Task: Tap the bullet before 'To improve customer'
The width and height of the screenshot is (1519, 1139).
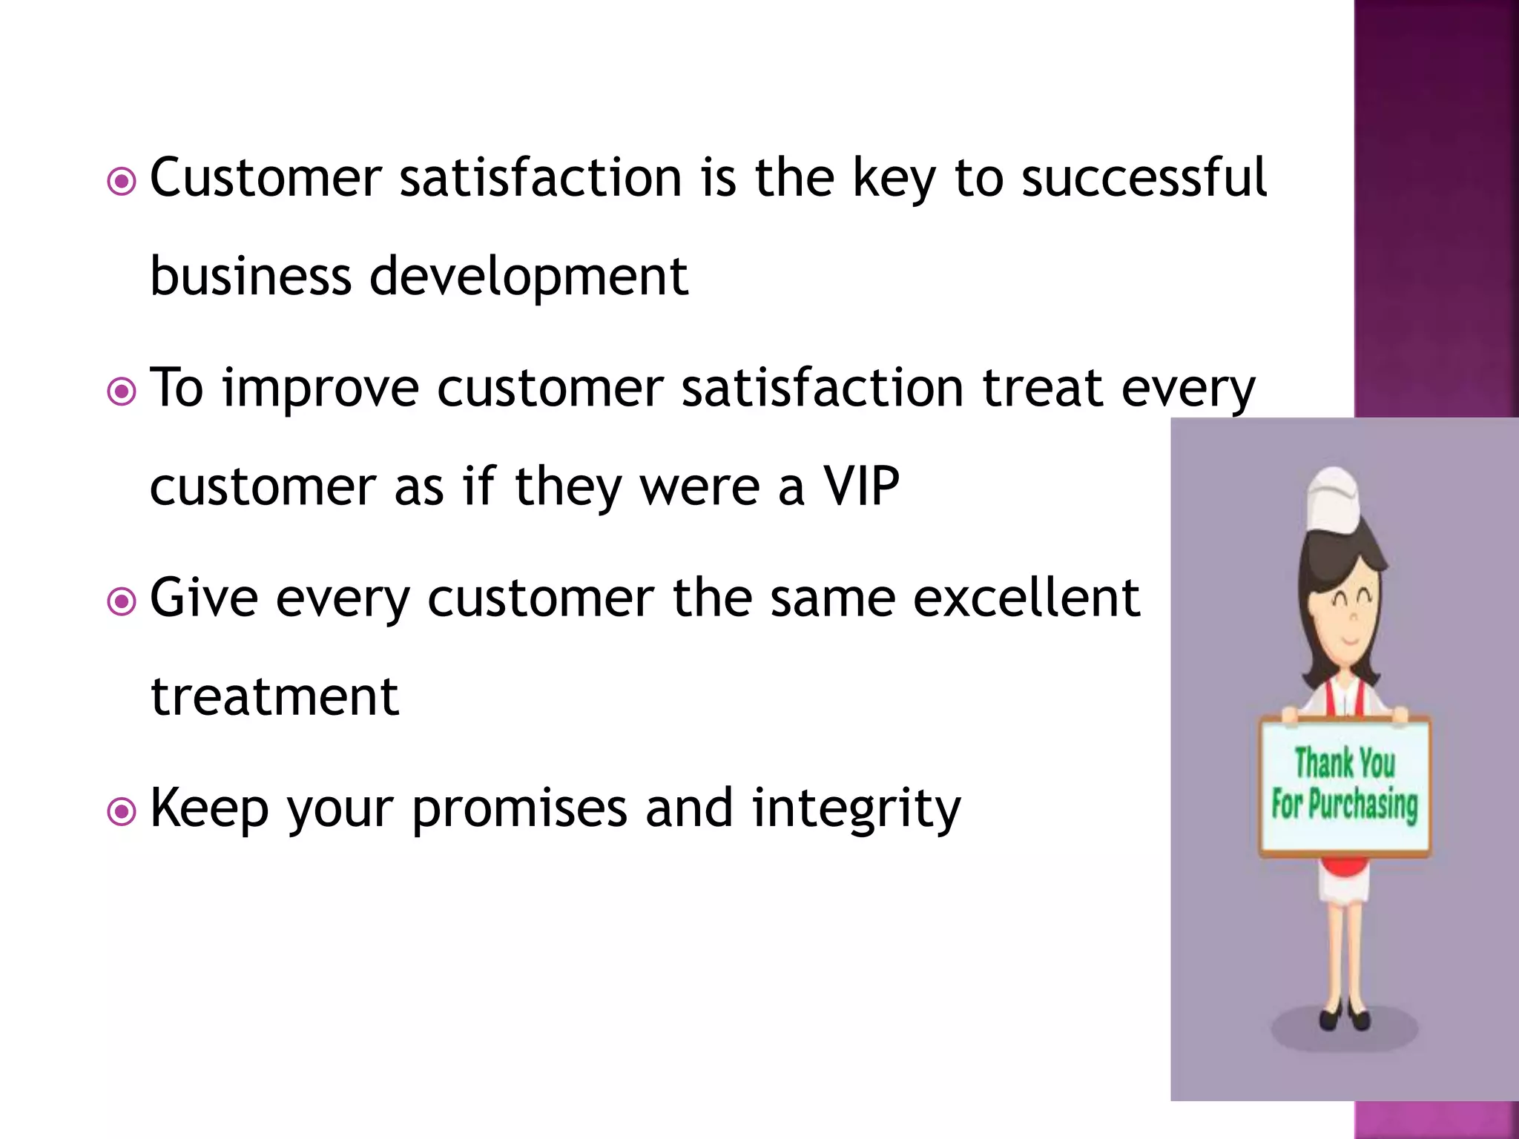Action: tap(122, 392)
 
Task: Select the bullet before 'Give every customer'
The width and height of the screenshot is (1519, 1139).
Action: tap(122, 601)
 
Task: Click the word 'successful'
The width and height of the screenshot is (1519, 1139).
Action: tap(1144, 178)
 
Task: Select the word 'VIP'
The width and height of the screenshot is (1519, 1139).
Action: tap(861, 486)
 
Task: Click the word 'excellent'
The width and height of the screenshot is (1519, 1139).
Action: tap(1026, 598)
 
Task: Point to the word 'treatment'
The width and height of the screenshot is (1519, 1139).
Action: tap(274, 697)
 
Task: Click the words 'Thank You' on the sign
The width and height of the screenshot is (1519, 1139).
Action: tap(1344, 764)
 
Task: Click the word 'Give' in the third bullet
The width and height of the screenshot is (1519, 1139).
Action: tap(204, 598)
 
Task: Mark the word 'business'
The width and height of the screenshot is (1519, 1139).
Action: tap(251, 276)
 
